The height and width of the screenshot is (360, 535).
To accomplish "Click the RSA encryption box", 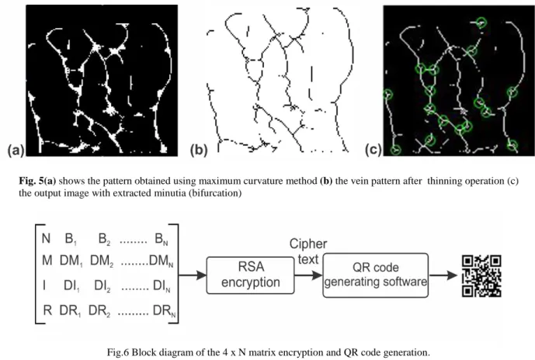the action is tap(250, 275).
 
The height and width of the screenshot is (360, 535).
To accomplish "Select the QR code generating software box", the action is tap(375, 275).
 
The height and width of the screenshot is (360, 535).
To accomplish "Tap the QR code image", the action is tap(481, 275).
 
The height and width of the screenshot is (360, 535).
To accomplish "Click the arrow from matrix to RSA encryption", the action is tap(193, 275).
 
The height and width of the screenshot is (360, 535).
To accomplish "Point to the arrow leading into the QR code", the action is tap(443, 275).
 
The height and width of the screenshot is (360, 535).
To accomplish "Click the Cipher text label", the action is tap(308, 251).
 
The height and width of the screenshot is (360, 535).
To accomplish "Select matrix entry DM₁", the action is tap(71, 261).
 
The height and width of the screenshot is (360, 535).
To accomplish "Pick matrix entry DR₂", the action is tap(99, 311).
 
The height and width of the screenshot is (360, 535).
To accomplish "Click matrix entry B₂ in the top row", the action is tap(104, 239).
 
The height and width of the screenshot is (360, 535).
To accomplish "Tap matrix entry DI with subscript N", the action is tap(162, 286).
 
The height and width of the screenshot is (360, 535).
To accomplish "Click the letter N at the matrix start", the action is tap(46, 238).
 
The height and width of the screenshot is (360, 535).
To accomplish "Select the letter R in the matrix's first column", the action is tap(47, 310).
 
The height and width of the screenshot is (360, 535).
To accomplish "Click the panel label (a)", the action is tap(16, 151).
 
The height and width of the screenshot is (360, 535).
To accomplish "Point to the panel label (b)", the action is tap(199, 151).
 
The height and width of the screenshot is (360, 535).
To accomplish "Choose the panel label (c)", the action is tap(373, 150).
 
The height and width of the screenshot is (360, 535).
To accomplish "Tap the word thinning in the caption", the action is tap(442, 181).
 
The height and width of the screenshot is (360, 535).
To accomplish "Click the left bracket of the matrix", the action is tap(36, 273).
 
